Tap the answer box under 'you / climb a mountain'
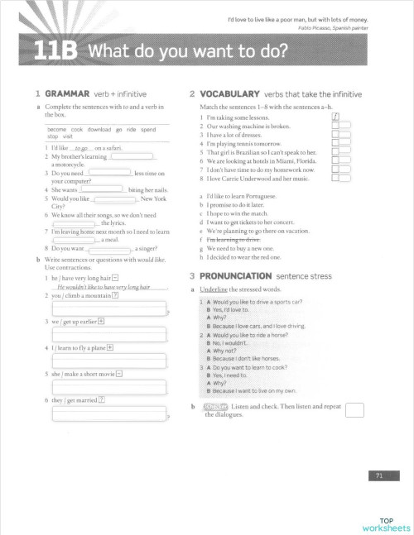point(109,308)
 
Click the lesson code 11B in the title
point(54,52)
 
